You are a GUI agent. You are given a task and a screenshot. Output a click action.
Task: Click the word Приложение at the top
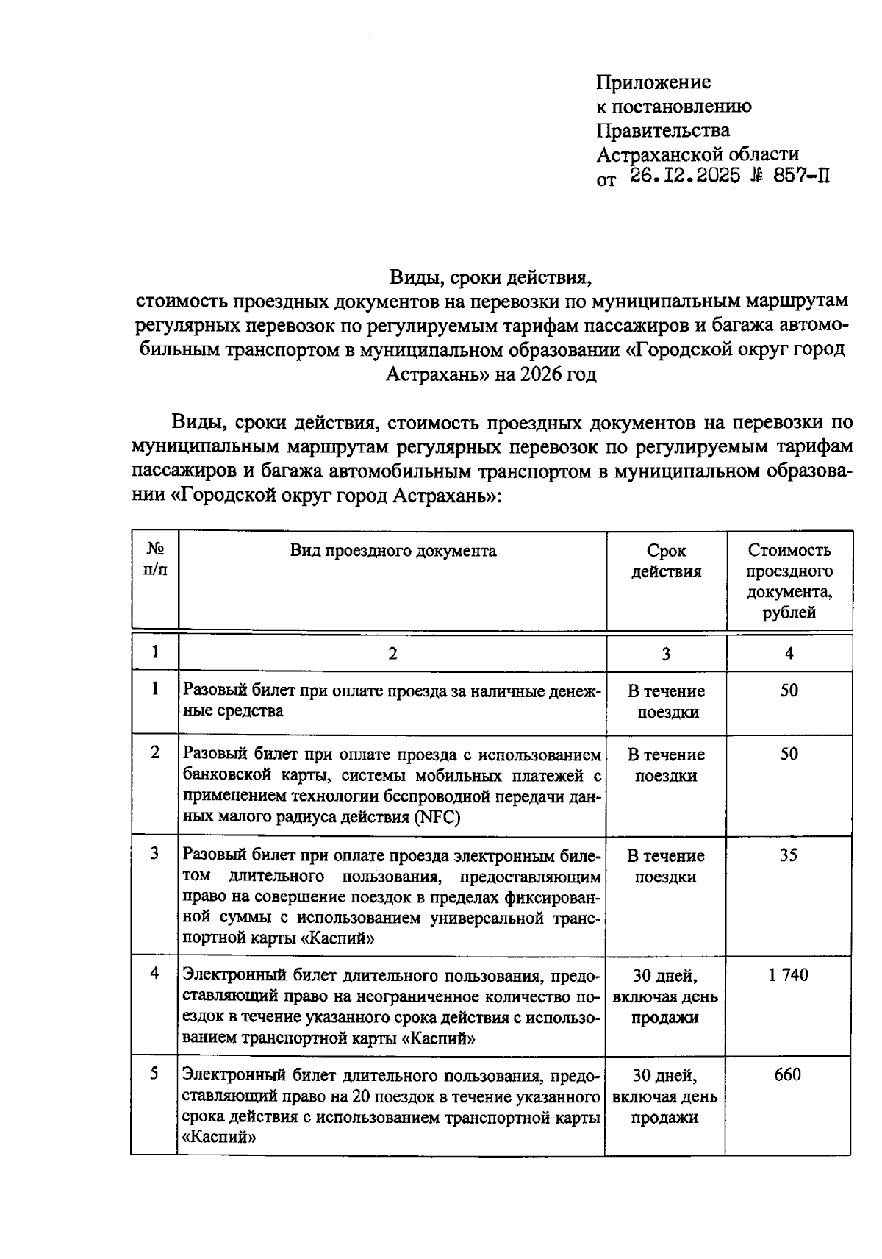click(653, 82)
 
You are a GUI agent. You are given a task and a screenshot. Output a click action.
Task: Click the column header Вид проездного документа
click(392, 551)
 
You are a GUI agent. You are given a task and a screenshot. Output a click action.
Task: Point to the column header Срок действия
click(666, 561)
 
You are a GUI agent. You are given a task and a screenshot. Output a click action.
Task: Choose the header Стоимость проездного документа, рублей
click(789, 581)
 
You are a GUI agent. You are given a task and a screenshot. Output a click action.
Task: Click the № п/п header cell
click(155, 560)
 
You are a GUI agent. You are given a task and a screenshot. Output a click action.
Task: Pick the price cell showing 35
click(789, 855)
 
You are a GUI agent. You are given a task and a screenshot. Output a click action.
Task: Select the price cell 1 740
click(788, 975)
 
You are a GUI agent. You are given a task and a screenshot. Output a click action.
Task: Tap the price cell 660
click(787, 1075)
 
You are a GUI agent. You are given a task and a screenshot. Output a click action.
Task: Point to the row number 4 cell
click(154, 974)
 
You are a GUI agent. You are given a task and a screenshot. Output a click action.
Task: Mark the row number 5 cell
click(154, 1074)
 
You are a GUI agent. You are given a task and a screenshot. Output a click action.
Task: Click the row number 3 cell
click(154, 854)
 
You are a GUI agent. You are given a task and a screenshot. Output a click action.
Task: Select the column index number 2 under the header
click(392, 653)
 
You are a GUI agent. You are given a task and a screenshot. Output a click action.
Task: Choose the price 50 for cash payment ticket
click(789, 691)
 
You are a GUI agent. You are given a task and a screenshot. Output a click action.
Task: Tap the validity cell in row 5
click(665, 1096)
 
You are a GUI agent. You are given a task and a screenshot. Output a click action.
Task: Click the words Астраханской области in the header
click(698, 154)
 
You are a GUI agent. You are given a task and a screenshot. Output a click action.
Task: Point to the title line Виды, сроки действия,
click(490, 277)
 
